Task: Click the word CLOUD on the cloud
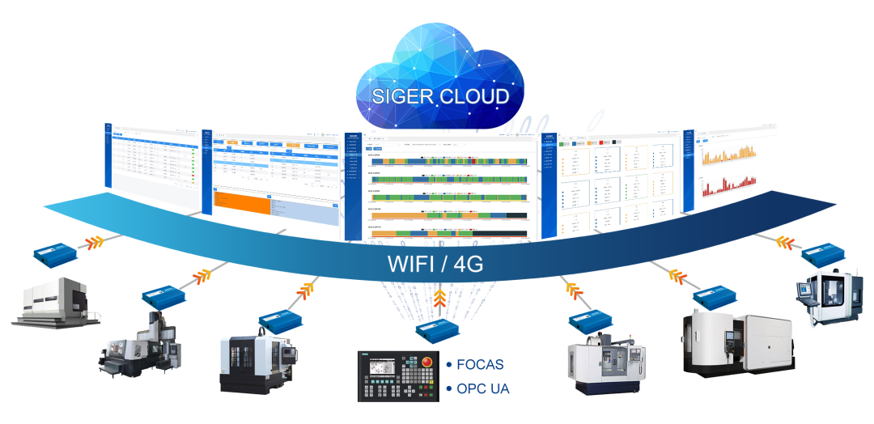pos(475,98)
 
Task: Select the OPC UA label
pos(483,388)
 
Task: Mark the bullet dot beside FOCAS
pos(448,365)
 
